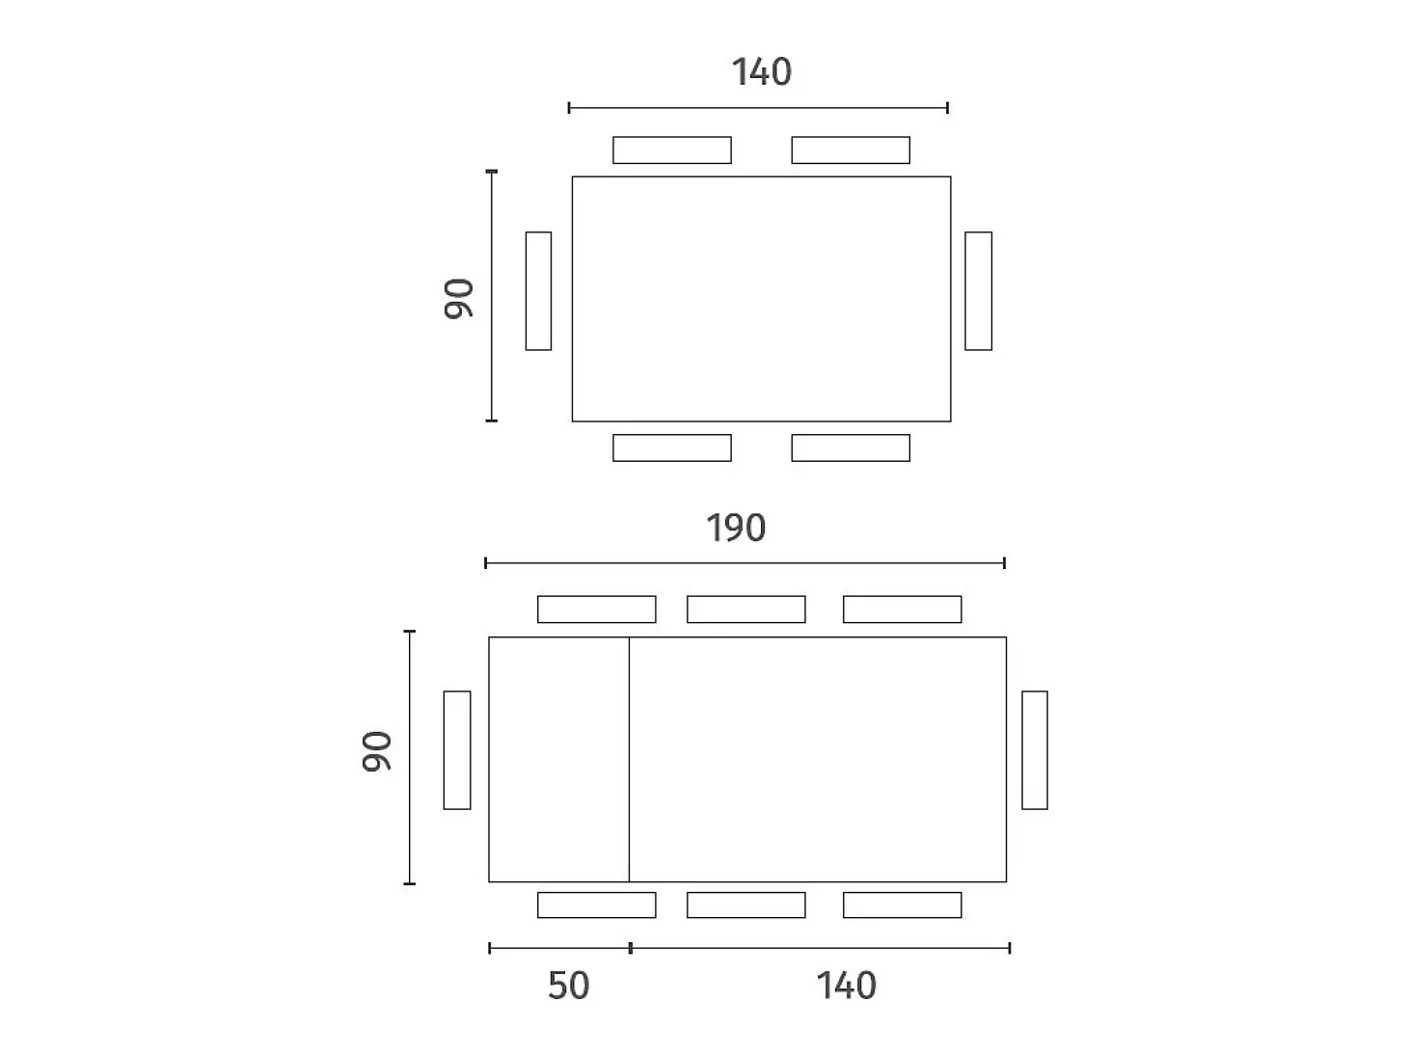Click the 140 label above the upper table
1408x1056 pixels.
(x=762, y=71)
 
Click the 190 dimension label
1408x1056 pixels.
(x=736, y=528)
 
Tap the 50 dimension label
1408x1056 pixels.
(x=568, y=986)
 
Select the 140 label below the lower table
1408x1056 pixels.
(x=846, y=986)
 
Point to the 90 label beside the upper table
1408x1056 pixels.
(x=459, y=299)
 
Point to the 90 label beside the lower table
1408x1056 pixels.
(x=376, y=751)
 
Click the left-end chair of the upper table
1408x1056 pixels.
(x=538, y=291)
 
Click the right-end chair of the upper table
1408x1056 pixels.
(x=978, y=291)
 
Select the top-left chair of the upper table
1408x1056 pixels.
(x=671, y=150)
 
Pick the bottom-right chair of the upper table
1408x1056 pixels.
(x=851, y=448)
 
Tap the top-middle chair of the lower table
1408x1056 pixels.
(x=746, y=609)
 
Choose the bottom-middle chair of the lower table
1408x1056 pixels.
(x=746, y=906)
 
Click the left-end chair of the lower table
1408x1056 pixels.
(x=457, y=750)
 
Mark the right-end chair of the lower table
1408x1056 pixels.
(x=1035, y=750)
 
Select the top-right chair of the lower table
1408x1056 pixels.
(x=902, y=609)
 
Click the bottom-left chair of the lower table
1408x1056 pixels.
(x=597, y=906)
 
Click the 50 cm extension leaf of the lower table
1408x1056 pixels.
(x=558, y=759)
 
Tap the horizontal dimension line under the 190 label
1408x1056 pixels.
(x=745, y=563)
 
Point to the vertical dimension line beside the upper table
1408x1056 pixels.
(x=492, y=296)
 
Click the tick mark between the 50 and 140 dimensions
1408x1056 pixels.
(x=631, y=948)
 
